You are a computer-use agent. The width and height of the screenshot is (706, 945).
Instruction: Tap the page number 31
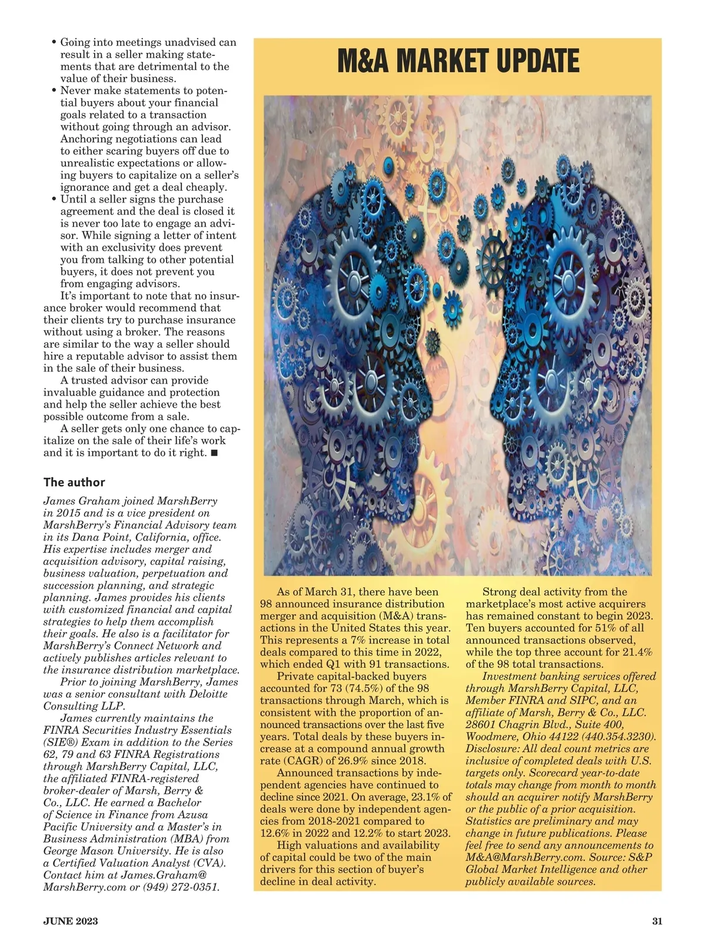657,921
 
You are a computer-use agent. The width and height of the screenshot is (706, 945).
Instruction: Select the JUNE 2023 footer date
71,921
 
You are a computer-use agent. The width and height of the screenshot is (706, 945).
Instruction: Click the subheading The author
74,482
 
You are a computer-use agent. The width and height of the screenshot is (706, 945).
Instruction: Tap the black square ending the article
214,453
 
